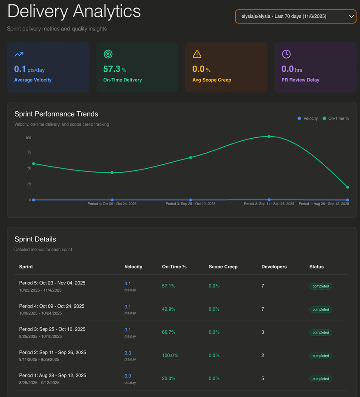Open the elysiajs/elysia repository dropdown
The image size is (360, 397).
pos(295,17)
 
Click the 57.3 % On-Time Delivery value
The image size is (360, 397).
pos(114,69)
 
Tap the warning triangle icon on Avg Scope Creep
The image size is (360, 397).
pos(197,54)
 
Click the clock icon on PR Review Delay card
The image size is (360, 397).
pos(286,54)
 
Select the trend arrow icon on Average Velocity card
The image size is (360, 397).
pos(19,54)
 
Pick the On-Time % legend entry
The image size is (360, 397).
pos(336,118)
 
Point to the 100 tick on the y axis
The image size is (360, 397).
pos(28,138)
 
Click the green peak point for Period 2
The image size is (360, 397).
pos(269,136)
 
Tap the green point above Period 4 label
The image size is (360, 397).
pos(112,173)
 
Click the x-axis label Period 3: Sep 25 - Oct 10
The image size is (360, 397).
pos(190,204)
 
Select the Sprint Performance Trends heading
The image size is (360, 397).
pos(56,114)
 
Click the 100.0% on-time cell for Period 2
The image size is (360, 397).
pos(170,355)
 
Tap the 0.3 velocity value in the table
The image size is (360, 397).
pos(127,353)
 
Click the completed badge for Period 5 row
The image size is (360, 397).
pos(320,286)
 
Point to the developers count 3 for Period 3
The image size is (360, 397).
pos(263,332)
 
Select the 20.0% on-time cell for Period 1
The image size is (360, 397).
pos(168,378)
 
